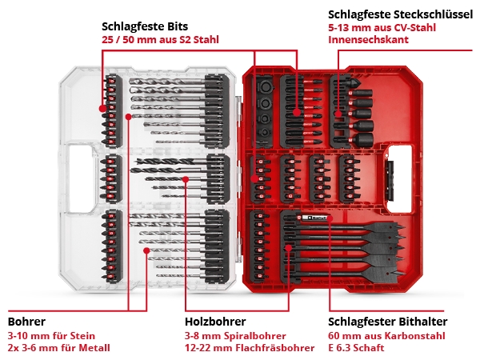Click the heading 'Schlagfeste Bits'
145,26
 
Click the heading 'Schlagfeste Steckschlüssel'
400,14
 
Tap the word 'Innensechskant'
368,39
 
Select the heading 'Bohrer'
26,322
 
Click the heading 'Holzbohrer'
215,322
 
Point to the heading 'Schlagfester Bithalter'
387,322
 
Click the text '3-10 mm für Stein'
51,336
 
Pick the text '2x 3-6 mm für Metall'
58,348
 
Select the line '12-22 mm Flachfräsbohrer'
250,348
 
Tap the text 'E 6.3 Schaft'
356,348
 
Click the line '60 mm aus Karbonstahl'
386,336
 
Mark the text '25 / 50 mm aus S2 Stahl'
160,40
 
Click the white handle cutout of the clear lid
81,178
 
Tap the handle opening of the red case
401,178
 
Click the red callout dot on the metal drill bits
146,250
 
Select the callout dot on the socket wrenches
338,114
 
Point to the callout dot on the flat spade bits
288,248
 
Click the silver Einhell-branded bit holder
314,218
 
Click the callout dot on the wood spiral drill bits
186,179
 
